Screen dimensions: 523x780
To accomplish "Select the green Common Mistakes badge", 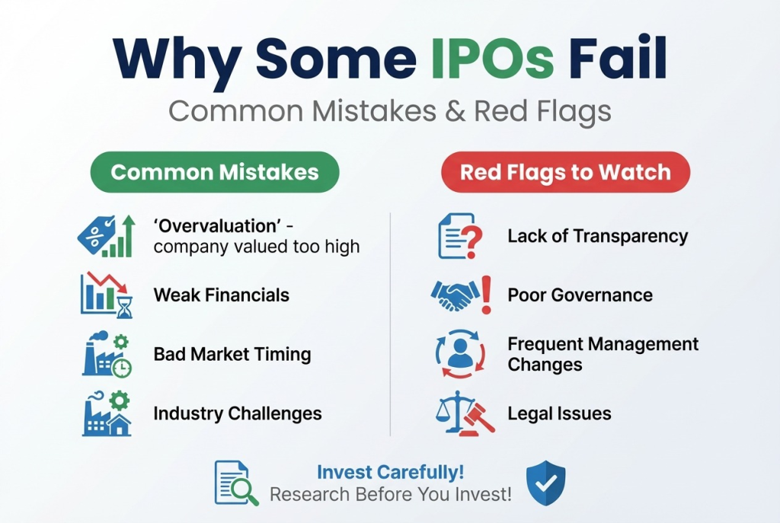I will (215, 172).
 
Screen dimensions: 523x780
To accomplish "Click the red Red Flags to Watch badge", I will (565, 172).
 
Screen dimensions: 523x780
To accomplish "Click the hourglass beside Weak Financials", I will (124, 305).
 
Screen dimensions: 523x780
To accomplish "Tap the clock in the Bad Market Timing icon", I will (122, 367).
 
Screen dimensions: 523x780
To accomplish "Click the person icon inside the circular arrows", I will (459, 353).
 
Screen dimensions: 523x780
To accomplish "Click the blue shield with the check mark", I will (546, 482).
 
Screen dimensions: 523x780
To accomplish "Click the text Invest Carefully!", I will (390, 472).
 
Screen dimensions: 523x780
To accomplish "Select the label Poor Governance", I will (580, 295).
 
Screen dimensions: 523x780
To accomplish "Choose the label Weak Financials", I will (221, 295).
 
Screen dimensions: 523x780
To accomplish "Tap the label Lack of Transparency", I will (597, 236).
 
